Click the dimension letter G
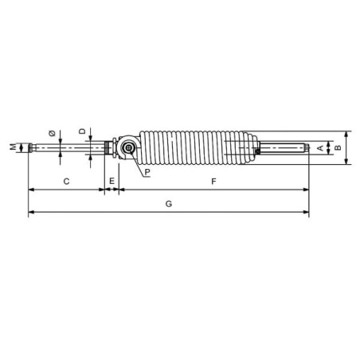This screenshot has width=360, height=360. pyautogui.click(x=169, y=204)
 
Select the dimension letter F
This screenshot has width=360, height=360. pyautogui.click(x=213, y=182)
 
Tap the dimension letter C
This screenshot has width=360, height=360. pyautogui.click(x=66, y=182)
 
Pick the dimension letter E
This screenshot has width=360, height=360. pyautogui.click(x=112, y=181)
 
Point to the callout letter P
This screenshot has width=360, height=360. pyautogui.click(x=147, y=172)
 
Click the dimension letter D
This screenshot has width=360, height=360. pyautogui.click(x=83, y=131)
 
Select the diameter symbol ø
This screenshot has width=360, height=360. pyautogui.click(x=53, y=133)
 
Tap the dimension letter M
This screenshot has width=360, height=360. pyautogui.click(x=13, y=147)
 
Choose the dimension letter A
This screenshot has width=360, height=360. pyautogui.click(x=320, y=148)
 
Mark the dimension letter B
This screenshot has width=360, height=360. pyautogui.click(x=338, y=147)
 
